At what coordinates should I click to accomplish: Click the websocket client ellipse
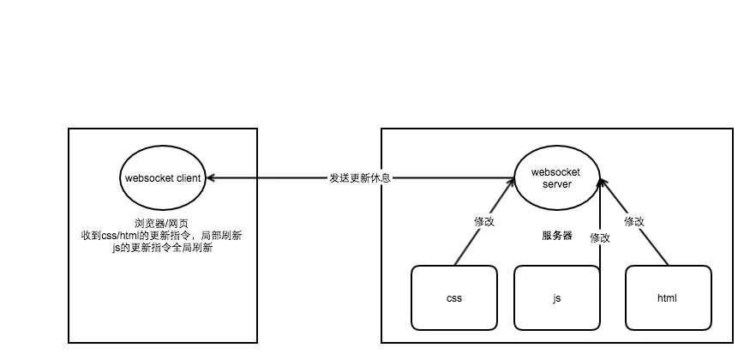tap(162, 178)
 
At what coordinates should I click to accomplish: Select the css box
tap(454, 298)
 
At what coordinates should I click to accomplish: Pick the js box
tap(557, 298)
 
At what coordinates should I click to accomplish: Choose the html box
tap(668, 298)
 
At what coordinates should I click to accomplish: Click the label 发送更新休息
tap(360, 178)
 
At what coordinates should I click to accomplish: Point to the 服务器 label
tap(557, 236)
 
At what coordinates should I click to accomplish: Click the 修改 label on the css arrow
tap(485, 221)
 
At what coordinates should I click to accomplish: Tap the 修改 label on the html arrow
tap(634, 221)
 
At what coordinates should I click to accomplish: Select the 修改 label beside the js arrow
tap(600, 238)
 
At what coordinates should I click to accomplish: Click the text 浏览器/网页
tap(162, 221)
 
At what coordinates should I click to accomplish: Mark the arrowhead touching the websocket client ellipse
tap(210, 178)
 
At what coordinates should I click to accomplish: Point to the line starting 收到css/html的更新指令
tap(162, 235)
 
